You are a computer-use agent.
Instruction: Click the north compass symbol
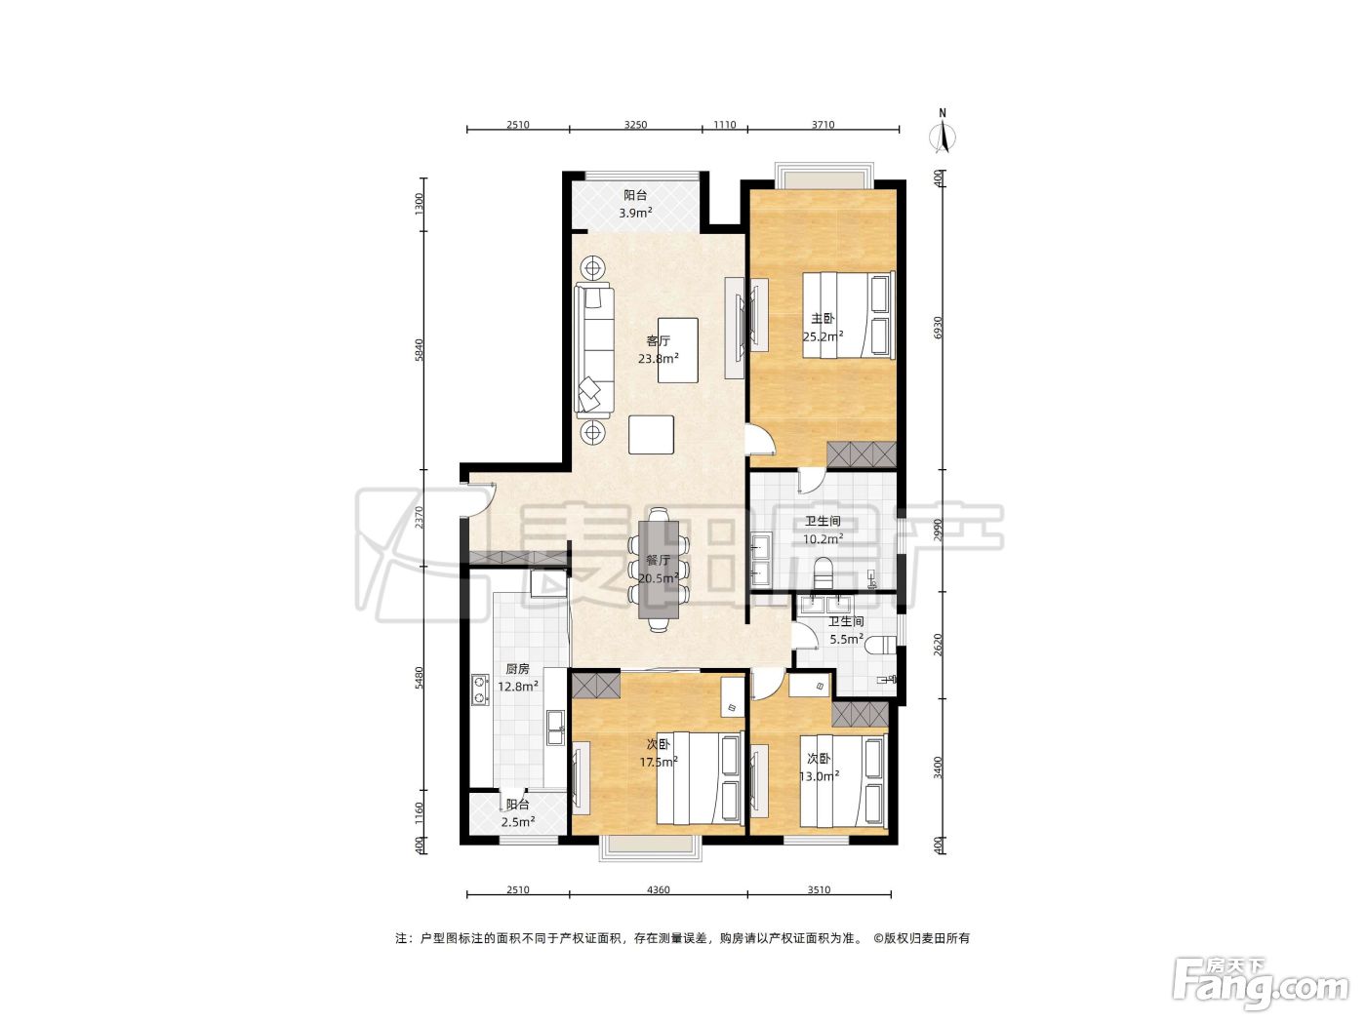(943, 133)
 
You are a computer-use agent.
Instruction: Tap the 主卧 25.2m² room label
(823, 328)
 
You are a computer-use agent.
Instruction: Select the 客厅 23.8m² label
(658, 349)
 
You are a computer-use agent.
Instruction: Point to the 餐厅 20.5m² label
(658, 569)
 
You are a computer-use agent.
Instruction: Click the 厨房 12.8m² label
(518, 678)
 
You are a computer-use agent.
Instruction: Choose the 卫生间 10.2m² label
(823, 530)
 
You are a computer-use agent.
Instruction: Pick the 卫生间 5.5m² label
(846, 630)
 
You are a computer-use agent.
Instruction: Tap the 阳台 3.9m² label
(635, 204)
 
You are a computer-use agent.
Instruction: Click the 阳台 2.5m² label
(518, 813)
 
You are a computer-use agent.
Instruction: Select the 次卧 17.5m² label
(658, 753)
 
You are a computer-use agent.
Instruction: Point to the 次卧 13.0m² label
(819, 768)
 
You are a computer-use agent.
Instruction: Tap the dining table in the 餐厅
(659, 570)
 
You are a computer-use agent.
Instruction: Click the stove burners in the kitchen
(479, 690)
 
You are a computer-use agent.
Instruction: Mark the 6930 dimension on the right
(939, 328)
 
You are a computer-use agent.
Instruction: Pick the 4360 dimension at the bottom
(658, 889)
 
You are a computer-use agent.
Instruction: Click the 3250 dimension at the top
(635, 125)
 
